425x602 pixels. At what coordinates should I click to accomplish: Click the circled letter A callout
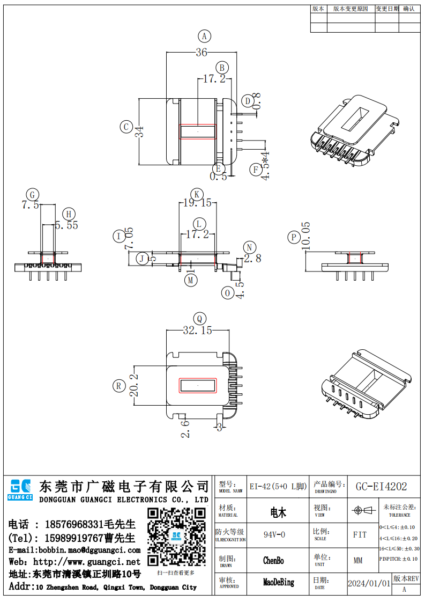(x=204, y=36)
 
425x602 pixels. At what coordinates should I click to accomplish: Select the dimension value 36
(x=201, y=53)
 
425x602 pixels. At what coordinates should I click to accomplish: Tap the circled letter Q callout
(x=199, y=318)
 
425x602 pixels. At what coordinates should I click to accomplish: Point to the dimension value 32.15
(x=197, y=331)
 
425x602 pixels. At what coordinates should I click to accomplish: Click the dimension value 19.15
(x=197, y=203)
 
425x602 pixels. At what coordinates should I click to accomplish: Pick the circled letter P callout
(x=293, y=238)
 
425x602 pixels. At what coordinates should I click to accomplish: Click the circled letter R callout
(x=118, y=385)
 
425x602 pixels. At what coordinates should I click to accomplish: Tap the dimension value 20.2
(x=135, y=385)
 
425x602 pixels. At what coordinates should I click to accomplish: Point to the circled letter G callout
(x=33, y=194)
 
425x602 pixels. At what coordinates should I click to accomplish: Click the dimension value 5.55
(x=66, y=225)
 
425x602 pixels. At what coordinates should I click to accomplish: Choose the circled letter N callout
(x=249, y=247)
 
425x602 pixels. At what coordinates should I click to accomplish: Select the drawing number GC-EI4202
(x=381, y=487)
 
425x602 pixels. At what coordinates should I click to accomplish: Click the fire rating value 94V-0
(x=274, y=535)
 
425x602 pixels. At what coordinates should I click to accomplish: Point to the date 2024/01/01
(x=369, y=583)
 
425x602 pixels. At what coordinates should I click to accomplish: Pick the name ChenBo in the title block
(x=273, y=561)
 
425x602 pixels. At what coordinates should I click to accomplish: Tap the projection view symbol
(x=360, y=510)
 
